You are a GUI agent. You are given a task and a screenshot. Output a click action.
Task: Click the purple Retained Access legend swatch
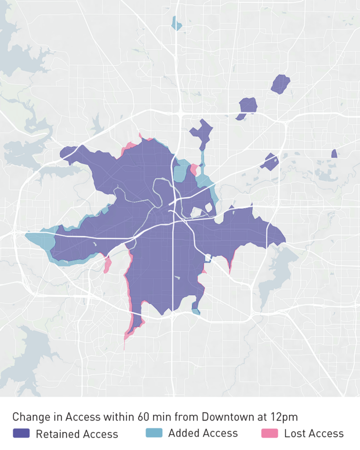(x=21, y=433)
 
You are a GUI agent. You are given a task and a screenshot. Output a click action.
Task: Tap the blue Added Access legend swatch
(x=154, y=433)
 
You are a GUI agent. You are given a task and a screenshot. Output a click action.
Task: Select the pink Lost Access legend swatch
(x=269, y=433)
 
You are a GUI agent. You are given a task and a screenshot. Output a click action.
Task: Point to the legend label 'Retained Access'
(x=77, y=434)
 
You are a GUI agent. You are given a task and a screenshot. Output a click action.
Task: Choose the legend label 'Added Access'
(x=203, y=433)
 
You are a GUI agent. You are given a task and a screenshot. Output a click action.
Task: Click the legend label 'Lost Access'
(x=314, y=434)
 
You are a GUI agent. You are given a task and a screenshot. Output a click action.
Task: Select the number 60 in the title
(x=142, y=417)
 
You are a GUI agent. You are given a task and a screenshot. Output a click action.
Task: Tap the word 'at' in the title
(x=258, y=417)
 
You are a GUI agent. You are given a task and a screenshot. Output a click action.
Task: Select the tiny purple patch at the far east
(x=334, y=153)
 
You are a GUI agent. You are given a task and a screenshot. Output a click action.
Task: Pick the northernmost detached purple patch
(x=280, y=84)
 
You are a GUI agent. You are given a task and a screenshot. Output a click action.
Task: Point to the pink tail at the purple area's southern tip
(x=127, y=334)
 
